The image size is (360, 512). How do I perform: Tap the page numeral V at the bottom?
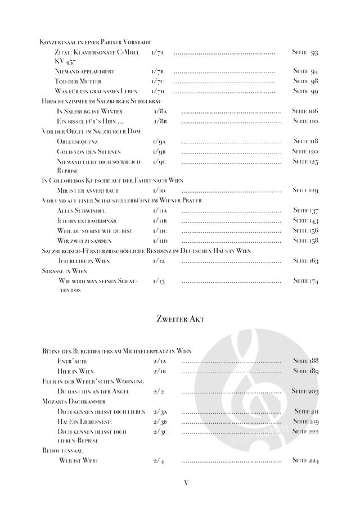point(186,482)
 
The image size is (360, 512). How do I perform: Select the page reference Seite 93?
point(305,52)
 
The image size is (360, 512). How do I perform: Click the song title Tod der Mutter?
point(78,81)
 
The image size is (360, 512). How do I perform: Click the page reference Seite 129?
point(305,191)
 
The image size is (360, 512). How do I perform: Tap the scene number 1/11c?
point(160,230)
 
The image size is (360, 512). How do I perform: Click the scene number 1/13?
point(159,280)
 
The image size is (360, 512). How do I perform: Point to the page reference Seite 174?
point(305,280)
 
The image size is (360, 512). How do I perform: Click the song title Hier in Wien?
point(75,371)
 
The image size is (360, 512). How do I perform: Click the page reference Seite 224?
point(305,461)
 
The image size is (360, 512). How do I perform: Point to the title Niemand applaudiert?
point(85,71)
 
